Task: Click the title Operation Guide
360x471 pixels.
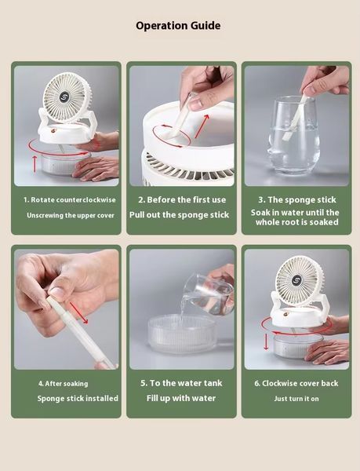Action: [178, 26]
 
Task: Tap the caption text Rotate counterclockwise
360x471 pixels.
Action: [73, 199]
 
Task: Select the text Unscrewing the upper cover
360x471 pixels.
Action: [71, 215]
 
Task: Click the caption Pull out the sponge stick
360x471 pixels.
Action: [179, 215]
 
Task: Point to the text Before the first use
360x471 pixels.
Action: [187, 199]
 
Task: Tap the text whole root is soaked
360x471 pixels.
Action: [297, 222]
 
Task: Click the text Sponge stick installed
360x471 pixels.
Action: [78, 398]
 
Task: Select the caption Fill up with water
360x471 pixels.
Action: [181, 398]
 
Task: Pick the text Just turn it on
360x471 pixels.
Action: [296, 399]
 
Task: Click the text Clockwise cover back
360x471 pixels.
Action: [300, 383]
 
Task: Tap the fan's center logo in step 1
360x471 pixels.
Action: [64, 97]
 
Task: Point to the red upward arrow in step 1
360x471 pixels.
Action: [35, 164]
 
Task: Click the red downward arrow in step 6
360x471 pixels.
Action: [266, 341]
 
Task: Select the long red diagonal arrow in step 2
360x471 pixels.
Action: [202, 126]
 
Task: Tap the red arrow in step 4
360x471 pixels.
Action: [79, 313]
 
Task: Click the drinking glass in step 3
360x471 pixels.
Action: [293, 136]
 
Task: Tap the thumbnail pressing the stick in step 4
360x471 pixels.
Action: [56, 292]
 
